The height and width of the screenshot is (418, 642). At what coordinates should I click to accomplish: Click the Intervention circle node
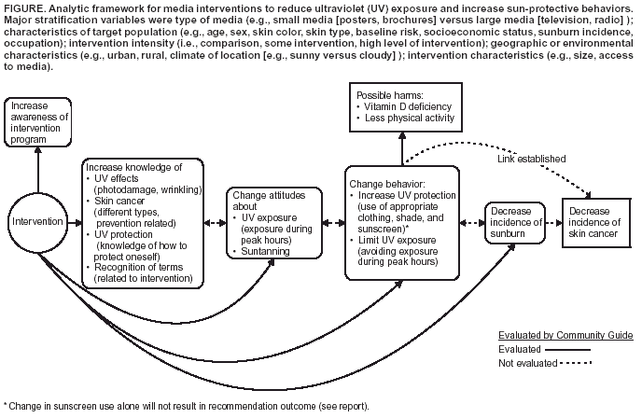pos(38,222)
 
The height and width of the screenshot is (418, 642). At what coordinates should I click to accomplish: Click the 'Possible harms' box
pos(403,105)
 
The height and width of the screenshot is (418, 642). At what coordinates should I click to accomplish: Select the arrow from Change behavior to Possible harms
pos(403,147)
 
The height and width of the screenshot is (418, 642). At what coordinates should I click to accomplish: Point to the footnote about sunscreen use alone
pos(187,406)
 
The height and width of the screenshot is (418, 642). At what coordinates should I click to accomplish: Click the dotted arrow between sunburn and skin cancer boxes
pos(551,223)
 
